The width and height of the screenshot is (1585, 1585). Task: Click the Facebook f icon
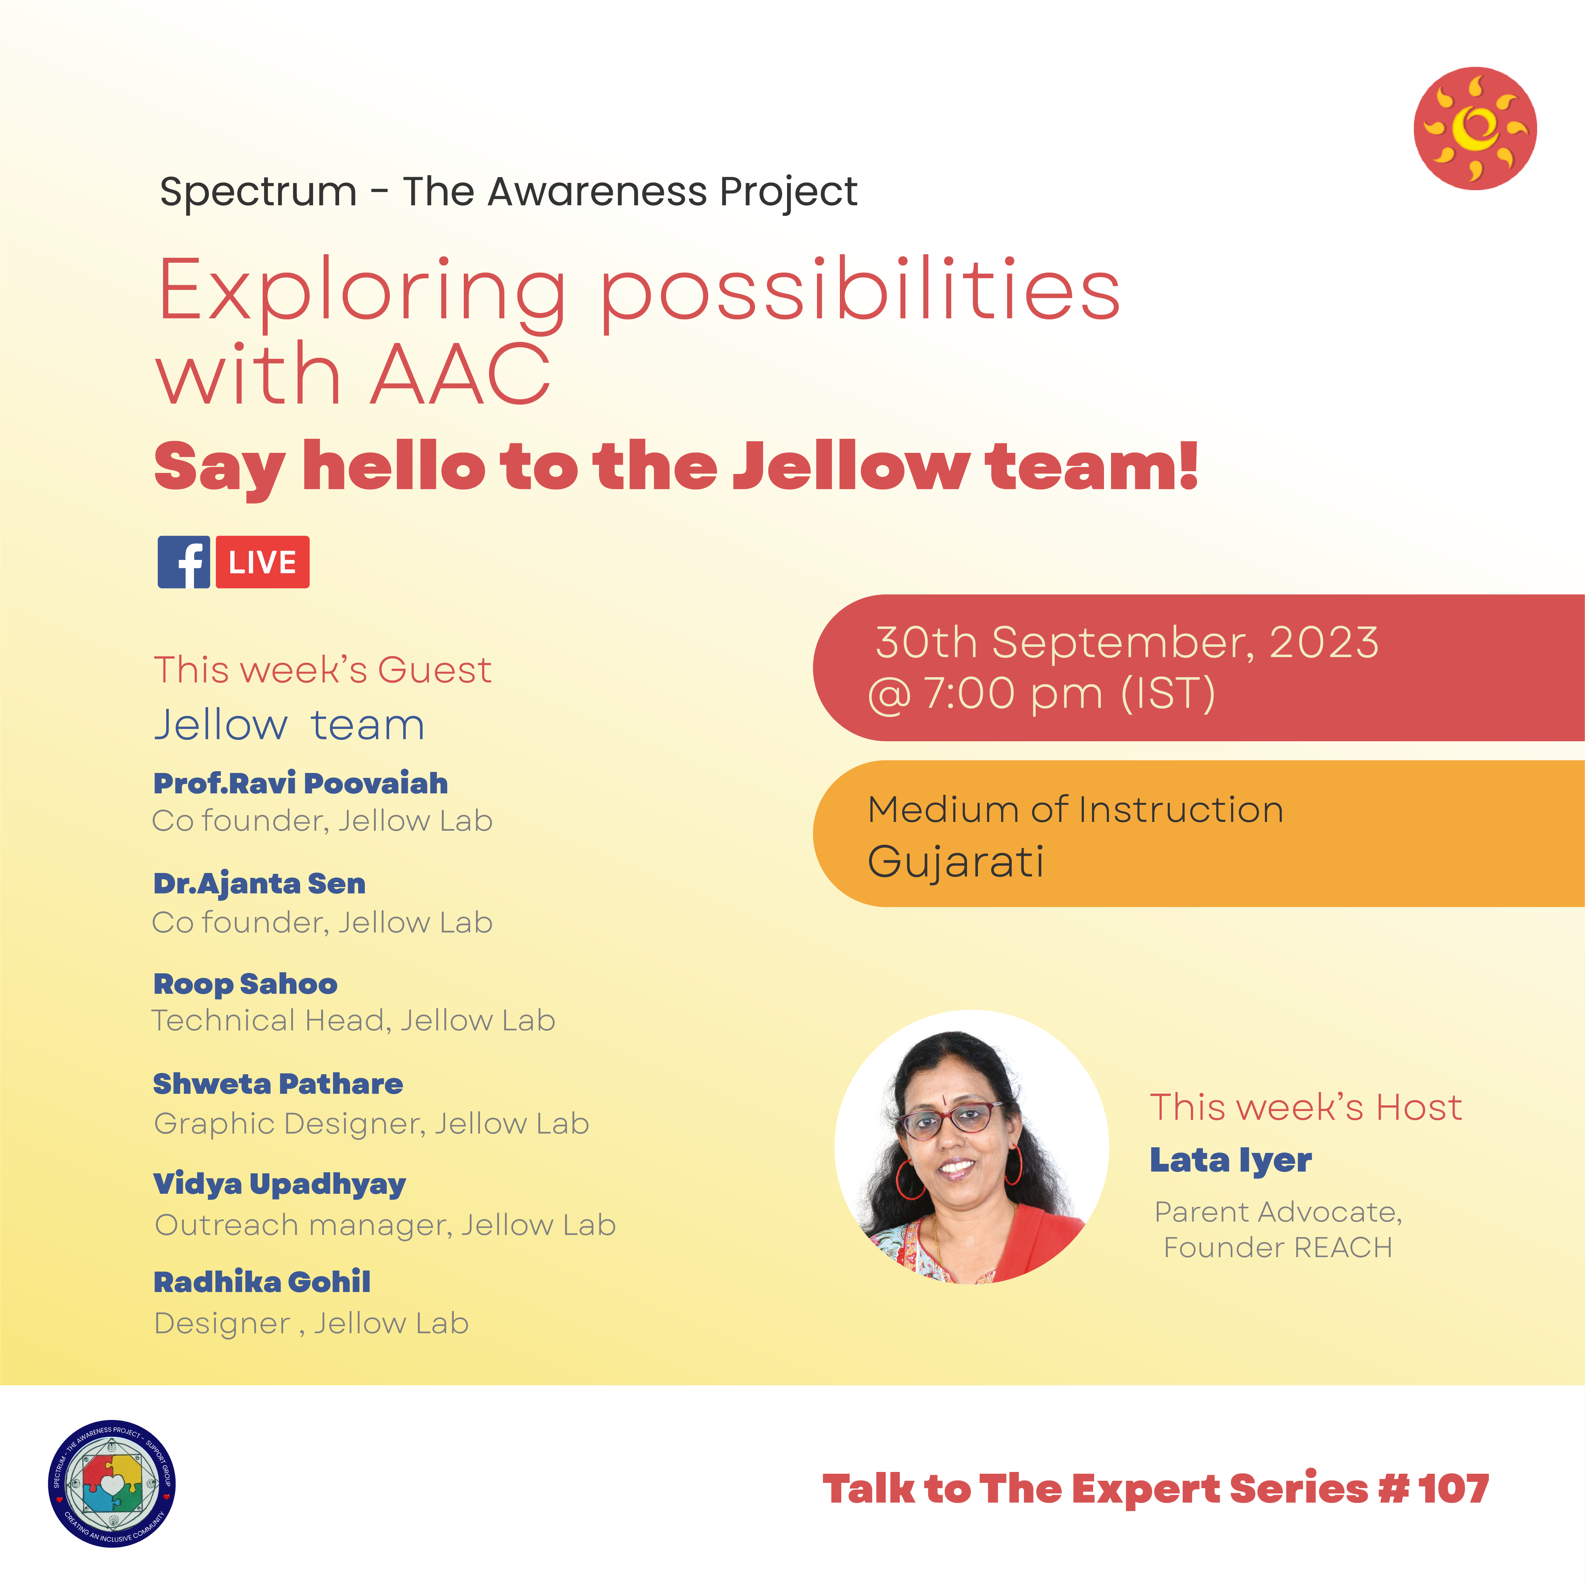click(184, 562)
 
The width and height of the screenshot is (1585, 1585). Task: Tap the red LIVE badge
click(263, 562)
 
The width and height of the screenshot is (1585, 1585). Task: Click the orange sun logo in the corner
click(1475, 129)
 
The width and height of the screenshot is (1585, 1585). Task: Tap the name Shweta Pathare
click(278, 1084)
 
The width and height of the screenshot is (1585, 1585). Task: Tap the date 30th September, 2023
click(1127, 642)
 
